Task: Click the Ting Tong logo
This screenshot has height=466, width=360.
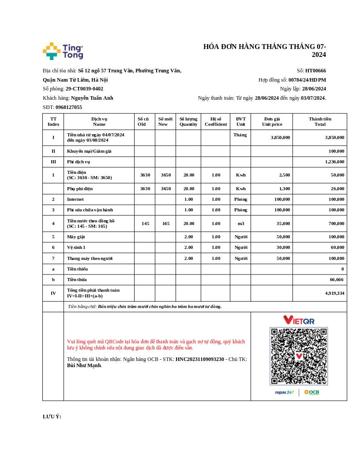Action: click(x=63, y=51)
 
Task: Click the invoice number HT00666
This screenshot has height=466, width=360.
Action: click(x=315, y=71)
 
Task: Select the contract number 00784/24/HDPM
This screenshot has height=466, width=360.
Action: click(x=307, y=80)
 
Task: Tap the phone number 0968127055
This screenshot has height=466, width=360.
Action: click(x=68, y=107)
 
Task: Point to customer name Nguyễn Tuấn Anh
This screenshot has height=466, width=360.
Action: click(x=92, y=98)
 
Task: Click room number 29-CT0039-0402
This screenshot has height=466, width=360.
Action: click(x=84, y=89)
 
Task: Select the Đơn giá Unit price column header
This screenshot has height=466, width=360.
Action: click(x=272, y=121)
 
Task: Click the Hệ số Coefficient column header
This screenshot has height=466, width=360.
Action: click(x=216, y=121)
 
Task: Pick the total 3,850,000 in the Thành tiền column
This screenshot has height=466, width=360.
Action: click(x=334, y=137)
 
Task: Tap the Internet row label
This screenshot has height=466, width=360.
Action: click(x=75, y=199)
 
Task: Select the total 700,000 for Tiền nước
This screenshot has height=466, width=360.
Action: click(x=336, y=223)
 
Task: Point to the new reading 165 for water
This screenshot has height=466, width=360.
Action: click(x=165, y=223)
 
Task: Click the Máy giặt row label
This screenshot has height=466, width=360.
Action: click(x=76, y=237)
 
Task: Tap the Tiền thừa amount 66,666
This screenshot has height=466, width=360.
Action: click(x=337, y=279)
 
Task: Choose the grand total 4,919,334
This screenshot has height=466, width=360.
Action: click(x=334, y=293)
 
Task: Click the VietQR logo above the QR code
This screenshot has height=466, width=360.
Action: click(x=299, y=320)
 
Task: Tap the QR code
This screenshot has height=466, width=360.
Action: click(x=299, y=356)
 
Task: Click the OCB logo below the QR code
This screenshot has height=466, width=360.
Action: click(x=311, y=392)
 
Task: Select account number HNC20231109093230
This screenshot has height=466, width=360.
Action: click(x=200, y=359)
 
